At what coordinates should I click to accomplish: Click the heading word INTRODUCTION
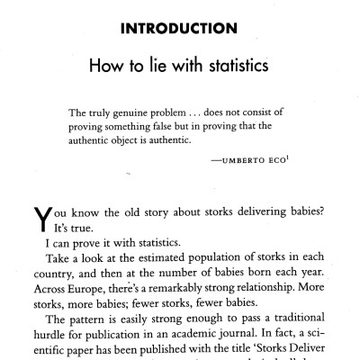pyautogui.click(x=178, y=29)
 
